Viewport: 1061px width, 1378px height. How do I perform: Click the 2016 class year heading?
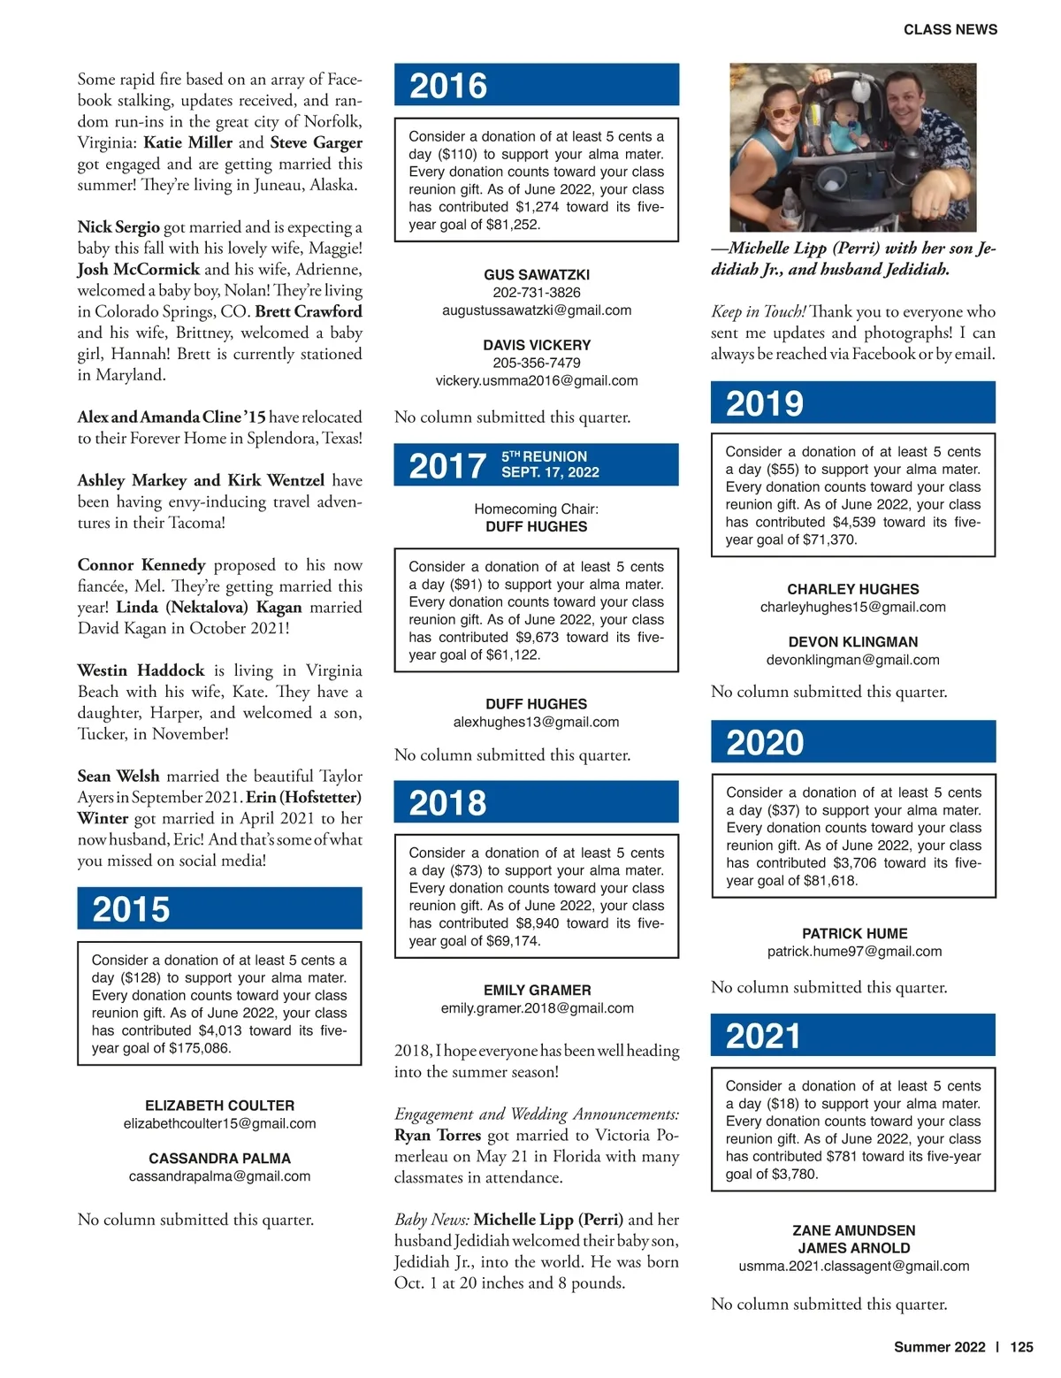pos(448,86)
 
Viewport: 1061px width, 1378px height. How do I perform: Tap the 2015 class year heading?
pos(131,909)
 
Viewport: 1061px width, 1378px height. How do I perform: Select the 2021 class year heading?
pos(763,1036)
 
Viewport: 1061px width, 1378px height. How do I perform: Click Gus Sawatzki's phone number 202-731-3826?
pos(537,293)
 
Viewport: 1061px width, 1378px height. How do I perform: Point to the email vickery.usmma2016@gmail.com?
pos(537,381)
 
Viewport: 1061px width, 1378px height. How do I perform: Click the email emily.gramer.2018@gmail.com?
pos(537,1008)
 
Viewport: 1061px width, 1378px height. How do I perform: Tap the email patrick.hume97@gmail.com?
pos(854,952)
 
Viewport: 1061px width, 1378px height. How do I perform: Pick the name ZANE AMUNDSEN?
pos(853,1230)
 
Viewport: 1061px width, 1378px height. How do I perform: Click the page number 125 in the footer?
pos(1021,1347)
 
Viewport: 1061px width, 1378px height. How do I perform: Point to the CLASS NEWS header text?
pos(950,29)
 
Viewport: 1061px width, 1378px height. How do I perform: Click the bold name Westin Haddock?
pos(141,670)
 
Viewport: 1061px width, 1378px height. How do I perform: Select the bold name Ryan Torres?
pos(438,1136)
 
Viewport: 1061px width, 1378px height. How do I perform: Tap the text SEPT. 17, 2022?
pos(550,472)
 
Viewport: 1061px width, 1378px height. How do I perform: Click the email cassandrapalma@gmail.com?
pos(219,1176)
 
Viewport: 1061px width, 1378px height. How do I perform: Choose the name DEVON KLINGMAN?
pos(852,642)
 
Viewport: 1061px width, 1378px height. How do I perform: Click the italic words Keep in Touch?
pos(758,312)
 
